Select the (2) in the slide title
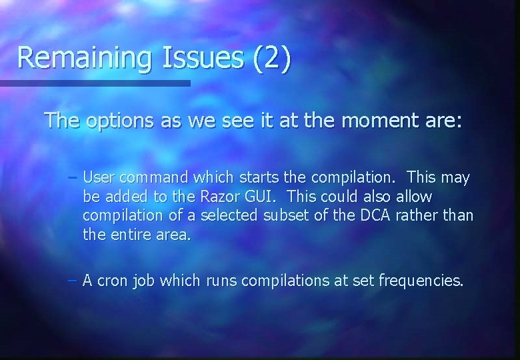pyautogui.click(x=272, y=57)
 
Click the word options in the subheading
pyautogui.click(x=119, y=121)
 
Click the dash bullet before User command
pyautogui.click(x=73, y=179)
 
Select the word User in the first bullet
pyautogui.click(x=99, y=178)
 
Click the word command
pyautogui.click(x=153, y=178)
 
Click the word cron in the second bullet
pyautogui.click(x=114, y=281)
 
